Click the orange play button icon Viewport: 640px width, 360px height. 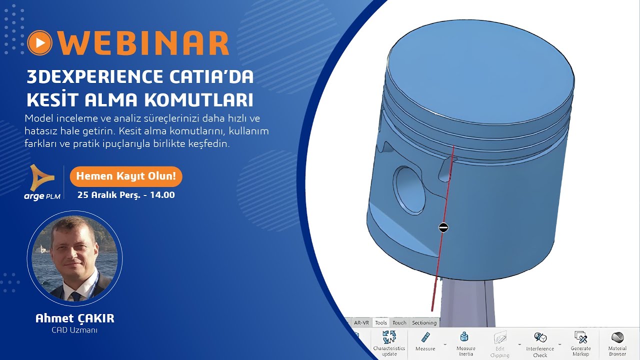point(40,43)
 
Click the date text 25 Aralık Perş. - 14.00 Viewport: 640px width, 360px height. point(126,195)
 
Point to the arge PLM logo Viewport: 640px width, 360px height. point(42,182)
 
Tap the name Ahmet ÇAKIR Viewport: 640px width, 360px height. point(74,318)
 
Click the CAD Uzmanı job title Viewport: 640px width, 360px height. point(74,330)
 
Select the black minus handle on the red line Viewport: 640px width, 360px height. point(443,227)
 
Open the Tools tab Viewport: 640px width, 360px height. point(381,323)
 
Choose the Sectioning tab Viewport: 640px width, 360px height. point(424,323)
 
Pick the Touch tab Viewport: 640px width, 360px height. point(399,323)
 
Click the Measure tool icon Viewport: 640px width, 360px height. point(425,337)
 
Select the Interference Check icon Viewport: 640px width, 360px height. point(540,337)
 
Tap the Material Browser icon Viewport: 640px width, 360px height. point(617,337)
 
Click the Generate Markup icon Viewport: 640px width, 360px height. point(580,337)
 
